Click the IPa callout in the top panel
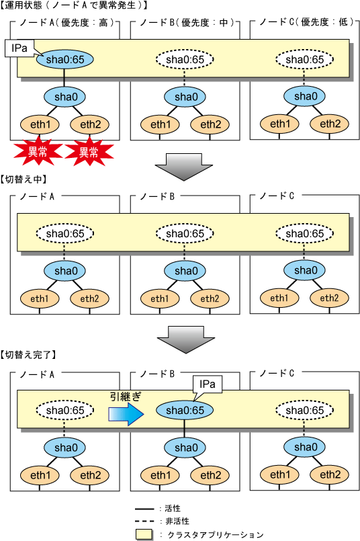click(19, 48)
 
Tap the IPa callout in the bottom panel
click(208, 384)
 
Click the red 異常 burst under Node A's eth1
click(37, 151)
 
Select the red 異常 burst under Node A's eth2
click(89, 151)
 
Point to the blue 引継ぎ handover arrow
click(126, 413)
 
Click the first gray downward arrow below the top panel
click(183, 167)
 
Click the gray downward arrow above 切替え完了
click(185, 340)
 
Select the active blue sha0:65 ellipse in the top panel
click(65, 59)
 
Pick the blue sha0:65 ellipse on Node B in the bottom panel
click(185, 410)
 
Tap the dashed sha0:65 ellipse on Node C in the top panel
click(304, 59)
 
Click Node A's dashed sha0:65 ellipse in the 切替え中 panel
click(65, 234)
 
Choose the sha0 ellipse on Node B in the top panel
click(185, 97)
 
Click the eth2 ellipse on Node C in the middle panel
click(329, 298)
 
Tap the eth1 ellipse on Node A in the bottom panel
click(40, 475)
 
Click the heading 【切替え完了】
click(28, 354)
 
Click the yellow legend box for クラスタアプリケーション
click(144, 534)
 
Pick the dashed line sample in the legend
click(144, 521)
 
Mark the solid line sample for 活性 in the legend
click(144, 509)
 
